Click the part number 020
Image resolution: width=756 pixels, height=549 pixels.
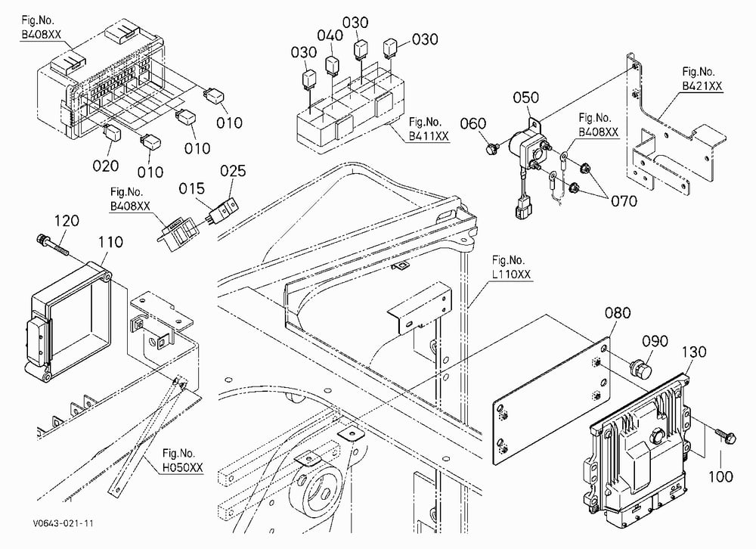[x=106, y=166]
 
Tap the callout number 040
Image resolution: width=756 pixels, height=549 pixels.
[x=330, y=36]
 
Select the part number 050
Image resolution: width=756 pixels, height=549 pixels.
[x=525, y=98]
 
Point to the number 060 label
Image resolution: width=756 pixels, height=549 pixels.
[x=473, y=124]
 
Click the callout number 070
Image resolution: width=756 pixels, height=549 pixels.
[x=624, y=200]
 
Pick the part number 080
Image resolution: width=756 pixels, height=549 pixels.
[x=618, y=313]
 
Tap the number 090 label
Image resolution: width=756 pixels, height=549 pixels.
[x=655, y=341]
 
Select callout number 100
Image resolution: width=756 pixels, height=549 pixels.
[x=720, y=476]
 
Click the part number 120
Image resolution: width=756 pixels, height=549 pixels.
[x=67, y=221]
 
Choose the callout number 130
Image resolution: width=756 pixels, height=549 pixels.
[x=693, y=352]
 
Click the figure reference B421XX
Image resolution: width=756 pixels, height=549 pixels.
[x=702, y=86]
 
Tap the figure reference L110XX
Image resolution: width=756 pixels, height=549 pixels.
[x=511, y=274]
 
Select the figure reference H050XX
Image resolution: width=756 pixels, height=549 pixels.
[x=183, y=467]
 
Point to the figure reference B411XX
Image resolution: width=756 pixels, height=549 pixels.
[x=429, y=136]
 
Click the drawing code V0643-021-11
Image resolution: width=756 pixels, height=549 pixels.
[x=64, y=523]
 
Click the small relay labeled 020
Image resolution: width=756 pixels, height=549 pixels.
[x=113, y=132]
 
